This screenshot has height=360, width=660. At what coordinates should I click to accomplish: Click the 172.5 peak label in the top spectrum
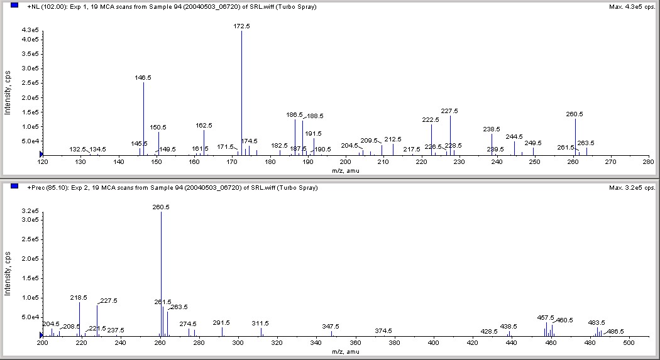coord(241,26)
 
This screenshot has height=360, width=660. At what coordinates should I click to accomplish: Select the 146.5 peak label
coord(143,78)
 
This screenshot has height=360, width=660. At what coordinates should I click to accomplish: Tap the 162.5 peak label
coord(204,126)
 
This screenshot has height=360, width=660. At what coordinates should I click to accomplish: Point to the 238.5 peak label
coord(492,129)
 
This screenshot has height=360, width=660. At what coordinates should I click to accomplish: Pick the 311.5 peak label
coord(260,323)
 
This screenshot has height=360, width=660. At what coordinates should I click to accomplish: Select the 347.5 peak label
coord(331,326)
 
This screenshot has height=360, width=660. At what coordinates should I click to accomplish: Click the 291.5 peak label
coord(222,322)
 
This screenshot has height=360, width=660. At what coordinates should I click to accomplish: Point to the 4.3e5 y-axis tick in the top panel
coord(30,30)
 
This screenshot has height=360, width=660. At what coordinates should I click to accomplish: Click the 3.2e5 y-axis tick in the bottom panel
coord(30,210)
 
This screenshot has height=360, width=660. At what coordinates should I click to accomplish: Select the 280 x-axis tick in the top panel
coord(648,162)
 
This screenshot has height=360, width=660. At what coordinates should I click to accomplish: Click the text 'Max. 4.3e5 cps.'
coord(633,7)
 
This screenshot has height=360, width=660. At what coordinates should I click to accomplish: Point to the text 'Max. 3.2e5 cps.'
coord(633,187)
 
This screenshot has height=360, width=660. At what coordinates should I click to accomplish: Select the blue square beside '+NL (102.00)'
coord(15,6)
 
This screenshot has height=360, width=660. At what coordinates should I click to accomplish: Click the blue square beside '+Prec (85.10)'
coord(15,186)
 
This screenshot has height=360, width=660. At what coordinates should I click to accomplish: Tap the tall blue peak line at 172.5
coord(241,94)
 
